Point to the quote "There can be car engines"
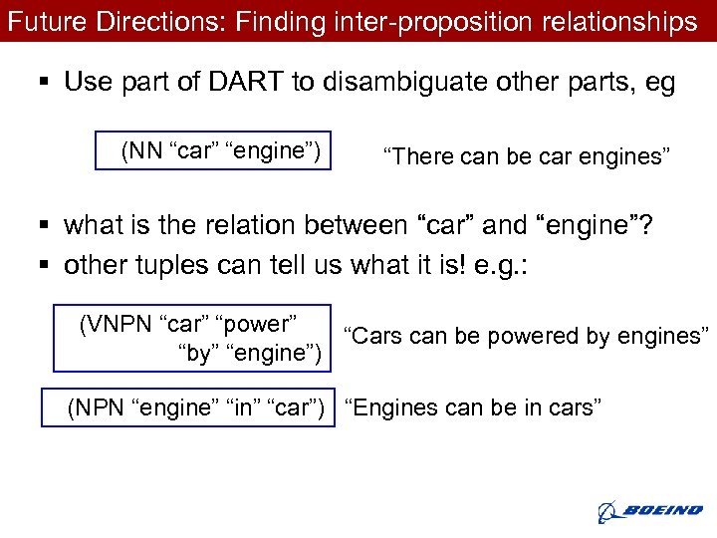(x=527, y=156)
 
